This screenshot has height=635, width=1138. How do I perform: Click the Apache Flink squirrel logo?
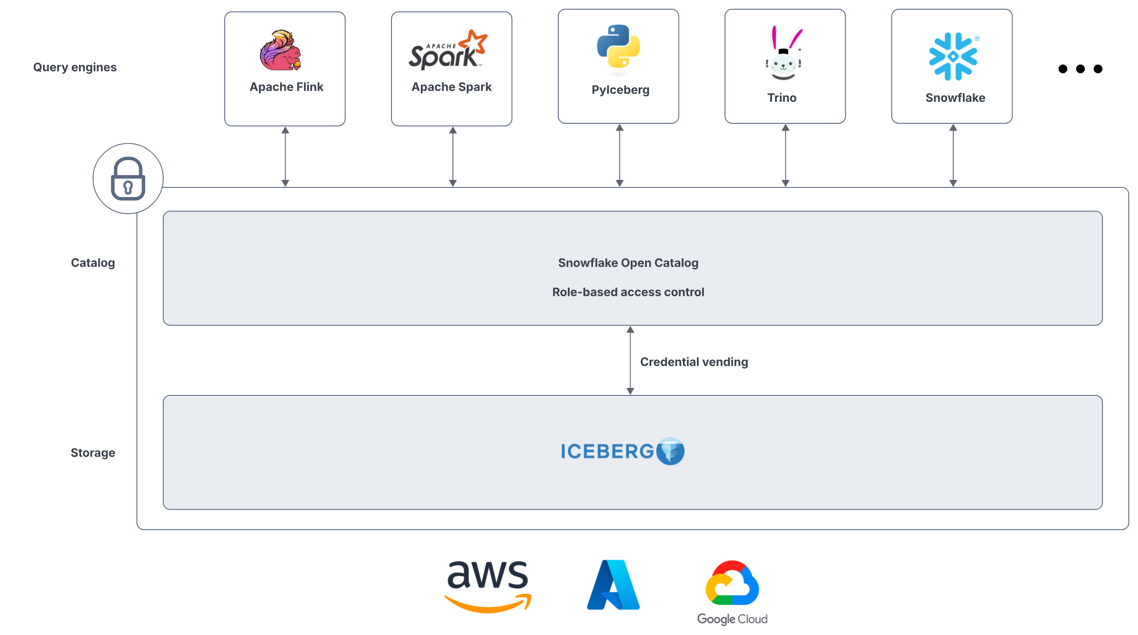point(280,50)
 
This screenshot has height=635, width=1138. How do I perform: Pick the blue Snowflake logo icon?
point(953,56)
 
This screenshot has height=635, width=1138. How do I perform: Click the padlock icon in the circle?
point(128,179)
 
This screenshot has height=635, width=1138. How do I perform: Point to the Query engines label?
point(75,67)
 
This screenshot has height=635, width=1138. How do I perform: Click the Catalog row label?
point(93,263)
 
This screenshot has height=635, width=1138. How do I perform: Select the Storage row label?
point(93,452)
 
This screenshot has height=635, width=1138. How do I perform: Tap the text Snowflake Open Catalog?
point(628,263)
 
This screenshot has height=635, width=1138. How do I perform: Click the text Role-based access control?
point(628,292)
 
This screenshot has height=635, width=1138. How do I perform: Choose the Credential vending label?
point(693,362)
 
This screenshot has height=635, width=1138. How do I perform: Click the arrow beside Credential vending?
point(630,360)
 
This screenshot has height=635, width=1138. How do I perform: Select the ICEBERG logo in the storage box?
point(622,451)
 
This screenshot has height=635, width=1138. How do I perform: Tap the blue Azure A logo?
point(613,585)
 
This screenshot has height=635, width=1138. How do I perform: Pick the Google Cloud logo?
point(732,592)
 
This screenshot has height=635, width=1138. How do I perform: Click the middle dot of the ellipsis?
point(1080,69)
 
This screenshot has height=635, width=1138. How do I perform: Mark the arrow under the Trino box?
point(785,155)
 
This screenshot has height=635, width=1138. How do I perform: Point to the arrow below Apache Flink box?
point(285,157)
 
